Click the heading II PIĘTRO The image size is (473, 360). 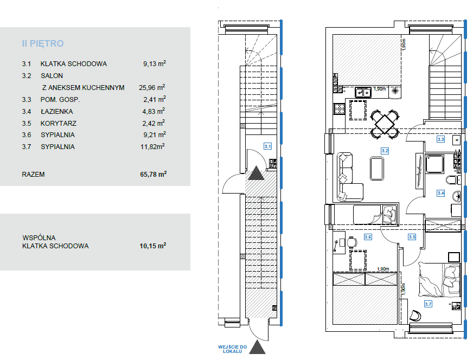tap(42, 44)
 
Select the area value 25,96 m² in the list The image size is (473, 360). tap(152, 87)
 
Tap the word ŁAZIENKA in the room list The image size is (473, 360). tap(57, 112)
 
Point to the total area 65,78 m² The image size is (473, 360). tap(154, 174)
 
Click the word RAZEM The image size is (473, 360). tap(33, 175)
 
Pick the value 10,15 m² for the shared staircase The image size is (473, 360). tap(153, 246)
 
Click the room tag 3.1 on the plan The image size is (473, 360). tap(267, 146)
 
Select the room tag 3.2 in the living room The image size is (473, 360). tap(385, 151)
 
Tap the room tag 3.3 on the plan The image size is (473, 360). tap(440, 139)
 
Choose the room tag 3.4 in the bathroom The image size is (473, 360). tap(440, 193)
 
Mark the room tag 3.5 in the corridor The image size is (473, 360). tap(412, 237)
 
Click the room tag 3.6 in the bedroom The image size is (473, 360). tap(368, 237)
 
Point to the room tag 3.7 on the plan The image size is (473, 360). tap(428, 304)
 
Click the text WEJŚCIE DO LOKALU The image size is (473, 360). tap(233, 349)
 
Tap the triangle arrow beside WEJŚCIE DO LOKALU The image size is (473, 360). tap(257, 348)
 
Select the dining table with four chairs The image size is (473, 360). tap(385, 124)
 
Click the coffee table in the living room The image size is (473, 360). tap(377, 168)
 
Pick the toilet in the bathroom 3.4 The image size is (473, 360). tap(452, 180)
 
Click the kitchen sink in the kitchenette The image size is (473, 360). tap(363, 93)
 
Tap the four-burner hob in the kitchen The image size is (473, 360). tap(339, 109)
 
